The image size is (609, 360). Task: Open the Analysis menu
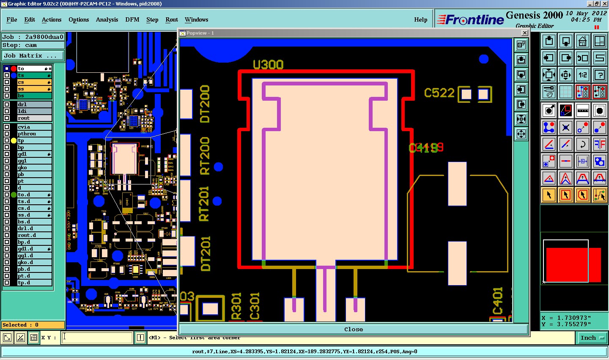(x=107, y=19)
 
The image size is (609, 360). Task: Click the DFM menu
(x=132, y=19)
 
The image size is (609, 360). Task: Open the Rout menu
(x=172, y=19)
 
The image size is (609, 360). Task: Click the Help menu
(x=420, y=19)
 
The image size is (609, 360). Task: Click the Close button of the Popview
(x=354, y=329)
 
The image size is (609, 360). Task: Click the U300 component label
(x=268, y=65)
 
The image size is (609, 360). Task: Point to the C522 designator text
(x=439, y=93)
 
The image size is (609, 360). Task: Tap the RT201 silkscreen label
(x=204, y=204)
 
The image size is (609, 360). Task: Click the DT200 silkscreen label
(x=205, y=104)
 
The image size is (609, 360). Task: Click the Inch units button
(x=592, y=338)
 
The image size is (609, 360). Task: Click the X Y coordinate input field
(x=98, y=338)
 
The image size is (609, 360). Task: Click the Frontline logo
(x=470, y=19)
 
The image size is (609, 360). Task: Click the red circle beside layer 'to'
(x=14, y=69)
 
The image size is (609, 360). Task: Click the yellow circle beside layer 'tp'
(x=14, y=140)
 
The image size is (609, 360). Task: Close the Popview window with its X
(x=524, y=33)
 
